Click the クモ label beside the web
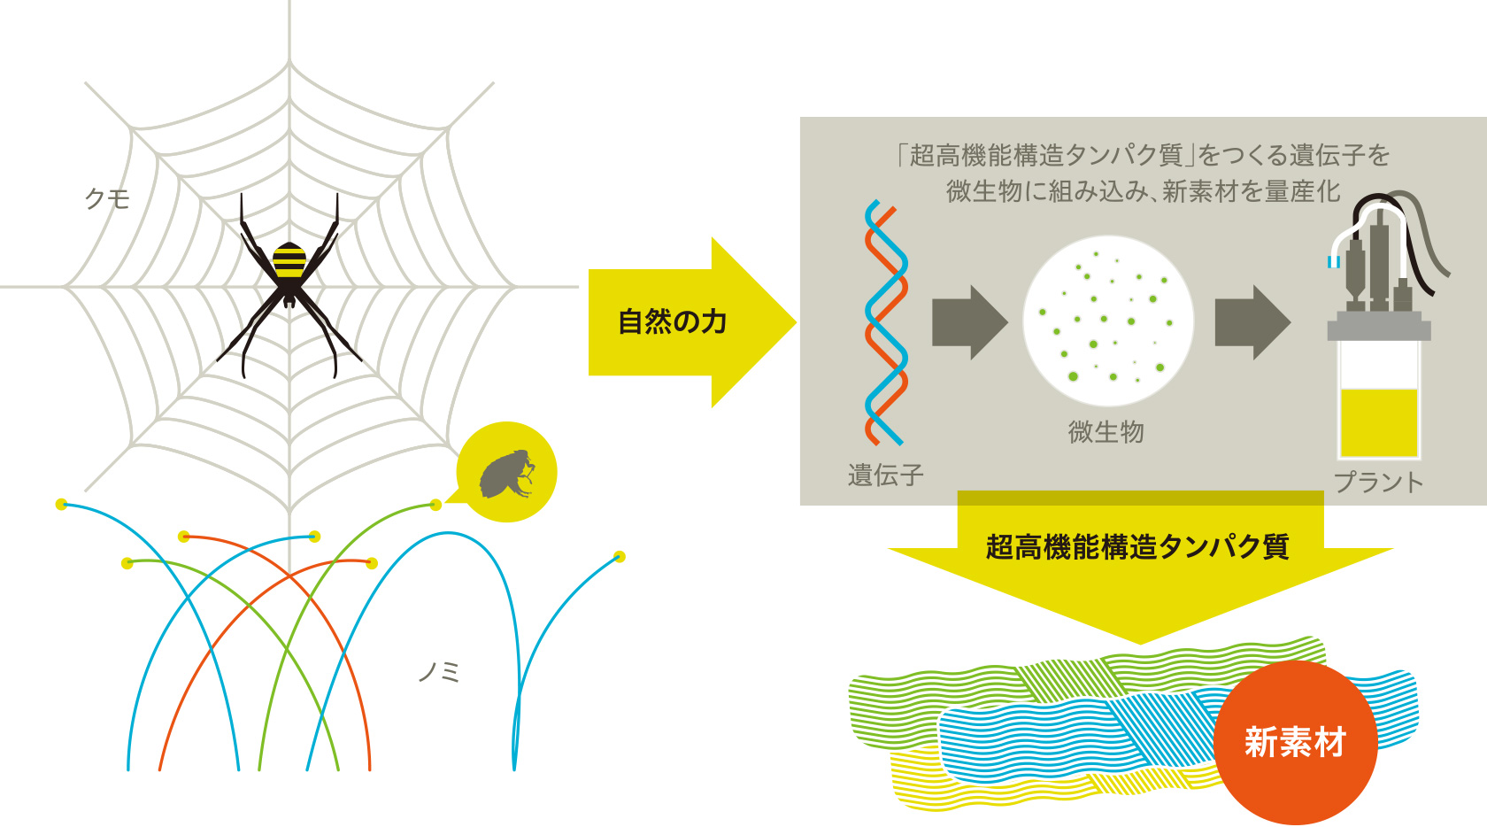[x=107, y=198]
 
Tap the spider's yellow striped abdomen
[x=289, y=260]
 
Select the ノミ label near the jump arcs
[x=439, y=672]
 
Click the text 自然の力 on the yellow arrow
[x=673, y=321]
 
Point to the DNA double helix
[x=885, y=322]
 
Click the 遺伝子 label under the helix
[x=885, y=475]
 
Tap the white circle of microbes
[x=1108, y=321]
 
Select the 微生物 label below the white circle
[x=1106, y=432]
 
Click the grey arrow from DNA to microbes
[x=970, y=323]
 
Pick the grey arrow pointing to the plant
[x=1252, y=323]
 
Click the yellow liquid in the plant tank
[x=1379, y=422]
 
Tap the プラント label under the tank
[x=1379, y=483]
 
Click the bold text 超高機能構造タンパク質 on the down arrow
[x=1137, y=546]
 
